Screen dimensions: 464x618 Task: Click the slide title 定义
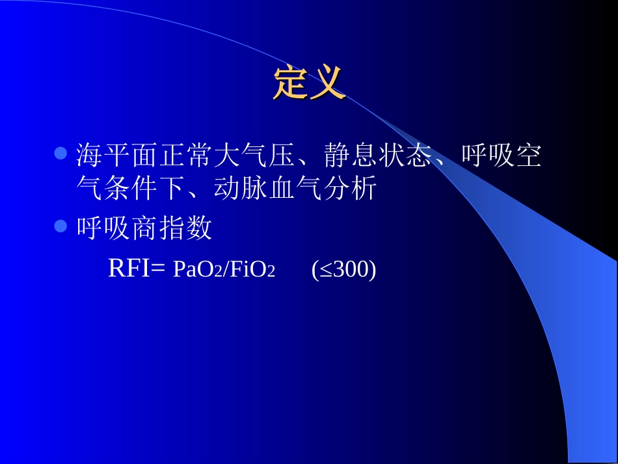[x=308, y=83]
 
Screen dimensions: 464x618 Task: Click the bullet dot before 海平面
[x=60, y=154]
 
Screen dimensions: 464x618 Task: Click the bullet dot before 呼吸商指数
[x=60, y=226]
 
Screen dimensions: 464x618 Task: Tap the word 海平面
[x=117, y=156]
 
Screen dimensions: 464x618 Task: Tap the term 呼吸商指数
[x=144, y=228]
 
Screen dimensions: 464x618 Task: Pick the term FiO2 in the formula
[x=251, y=270]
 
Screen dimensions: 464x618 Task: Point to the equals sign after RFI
[x=159, y=269]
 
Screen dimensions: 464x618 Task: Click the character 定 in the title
[x=290, y=83]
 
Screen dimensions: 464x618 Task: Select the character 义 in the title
[x=327, y=83]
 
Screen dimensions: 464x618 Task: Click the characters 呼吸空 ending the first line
[x=502, y=156]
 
